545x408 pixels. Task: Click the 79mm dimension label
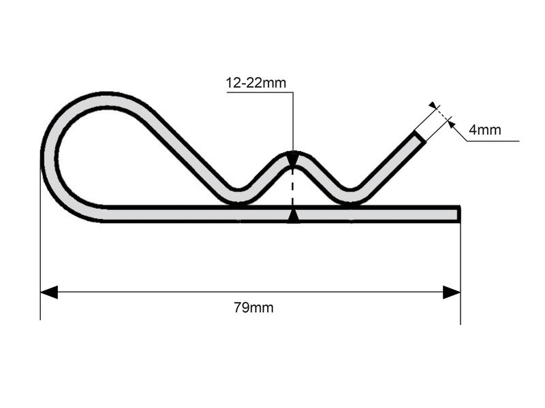point(253,308)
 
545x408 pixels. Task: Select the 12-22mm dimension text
point(256,84)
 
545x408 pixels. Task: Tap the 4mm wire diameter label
point(485,129)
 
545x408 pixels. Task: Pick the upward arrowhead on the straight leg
point(293,216)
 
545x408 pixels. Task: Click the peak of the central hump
point(293,155)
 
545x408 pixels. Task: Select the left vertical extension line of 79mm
point(40,272)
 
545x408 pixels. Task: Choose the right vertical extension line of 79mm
point(461,272)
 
